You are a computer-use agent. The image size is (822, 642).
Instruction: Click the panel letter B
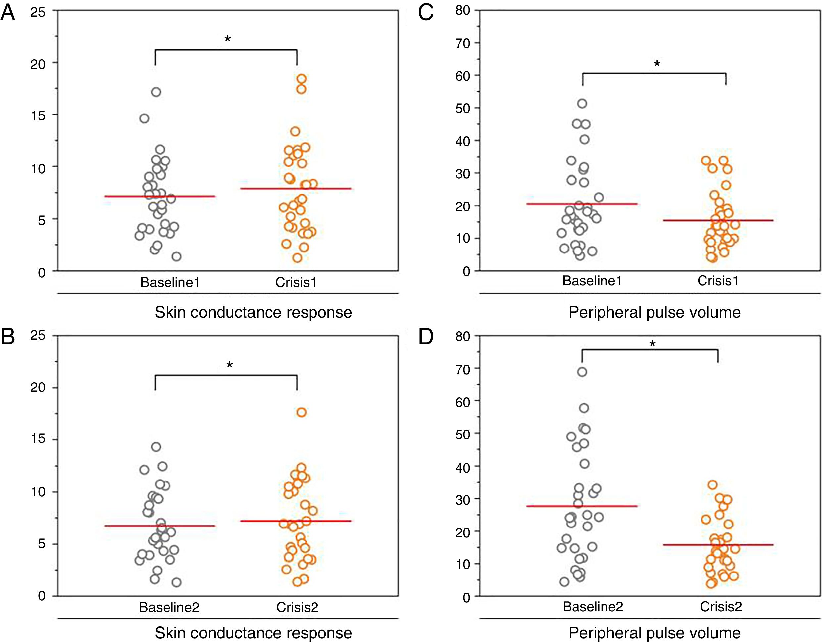point(8,337)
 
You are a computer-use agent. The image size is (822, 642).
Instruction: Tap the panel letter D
point(426,337)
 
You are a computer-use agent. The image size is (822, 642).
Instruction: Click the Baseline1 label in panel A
point(170,282)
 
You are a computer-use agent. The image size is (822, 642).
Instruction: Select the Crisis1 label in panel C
point(718,281)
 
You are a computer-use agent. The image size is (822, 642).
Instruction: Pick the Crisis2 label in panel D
point(721,607)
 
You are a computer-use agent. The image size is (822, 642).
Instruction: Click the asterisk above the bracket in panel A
point(228,39)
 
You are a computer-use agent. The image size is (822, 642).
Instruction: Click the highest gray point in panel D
point(582,372)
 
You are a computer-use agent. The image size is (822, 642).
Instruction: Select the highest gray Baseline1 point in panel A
point(156,92)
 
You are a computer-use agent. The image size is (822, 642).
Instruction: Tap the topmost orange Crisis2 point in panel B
point(302,412)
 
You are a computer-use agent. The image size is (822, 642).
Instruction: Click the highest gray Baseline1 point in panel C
point(582,104)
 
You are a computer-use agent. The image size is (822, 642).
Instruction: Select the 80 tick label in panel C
point(462,10)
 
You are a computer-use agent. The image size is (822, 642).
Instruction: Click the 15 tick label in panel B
point(38,439)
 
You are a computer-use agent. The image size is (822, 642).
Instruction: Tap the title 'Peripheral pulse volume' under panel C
point(654,312)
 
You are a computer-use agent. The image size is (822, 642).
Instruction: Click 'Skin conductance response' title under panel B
point(253,633)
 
